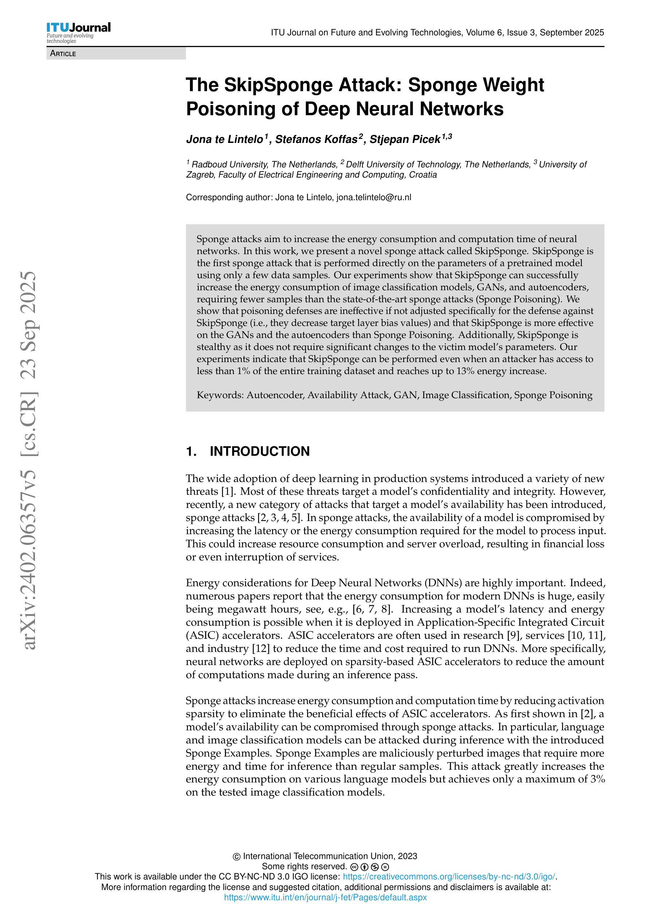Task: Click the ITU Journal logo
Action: pyautogui.click(x=78, y=32)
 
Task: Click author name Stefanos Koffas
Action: pyautogui.click(x=316, y=139)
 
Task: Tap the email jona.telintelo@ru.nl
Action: pyautogui.click(x=374, y=197)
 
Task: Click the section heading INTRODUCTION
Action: pyautogui.click(x=260, y=451)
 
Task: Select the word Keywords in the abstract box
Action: pyautogui.click(x=219, y=395)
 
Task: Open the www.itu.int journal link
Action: pyautogui.click(x=325, y=897)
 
